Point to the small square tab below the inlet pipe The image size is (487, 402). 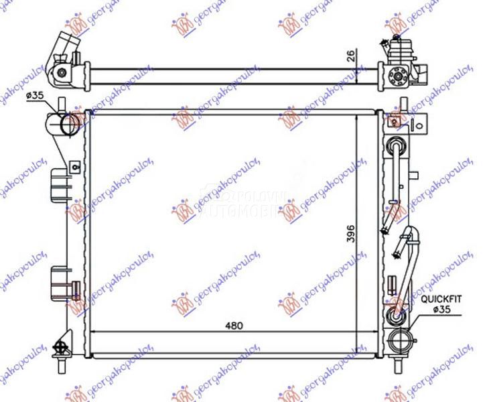click(74, 165)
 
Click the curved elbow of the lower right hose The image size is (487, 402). click(409, 234)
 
